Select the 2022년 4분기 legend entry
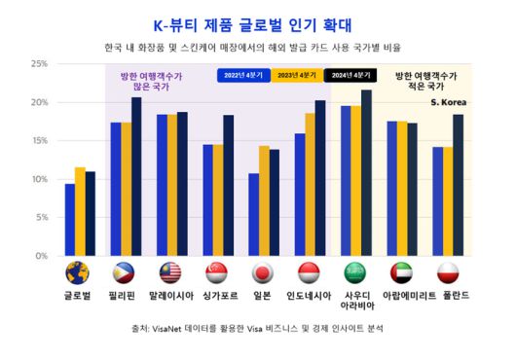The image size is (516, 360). pyautogui.click(x=242, y=74)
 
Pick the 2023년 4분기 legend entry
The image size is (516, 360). pyautogui.click(x=297, y=74)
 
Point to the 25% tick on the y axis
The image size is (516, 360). pyautogui.click(x=40, y=64)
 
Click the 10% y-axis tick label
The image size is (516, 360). pyautogui.click(x=40, y=179)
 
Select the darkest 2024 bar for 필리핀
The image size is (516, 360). pyautogui.click(x=136, y=176)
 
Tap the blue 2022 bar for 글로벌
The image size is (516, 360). pyautogui.click(x=70, y=220)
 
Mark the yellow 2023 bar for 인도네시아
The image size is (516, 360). pyautogui.click(x=311, y=184)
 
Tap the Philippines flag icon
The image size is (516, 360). pyautogui.click(x=126, y=272)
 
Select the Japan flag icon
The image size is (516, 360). pyautogui.click(x=265, y=272)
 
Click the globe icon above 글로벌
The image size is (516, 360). pyautogui.click(x=79, y=272)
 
